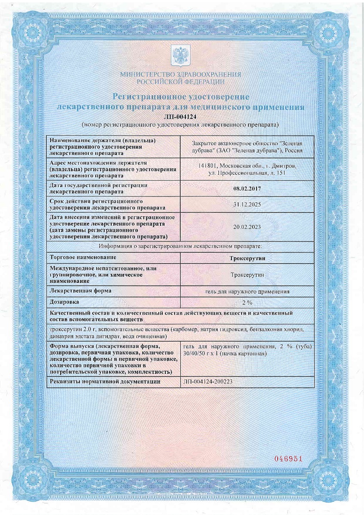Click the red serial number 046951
click(x=289, y=459)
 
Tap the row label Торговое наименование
click(x=83, y=257)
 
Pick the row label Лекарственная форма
click(x=81, y=291)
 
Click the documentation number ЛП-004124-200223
click(x=208, y=381)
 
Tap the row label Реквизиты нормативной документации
click(x=105, y=381)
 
